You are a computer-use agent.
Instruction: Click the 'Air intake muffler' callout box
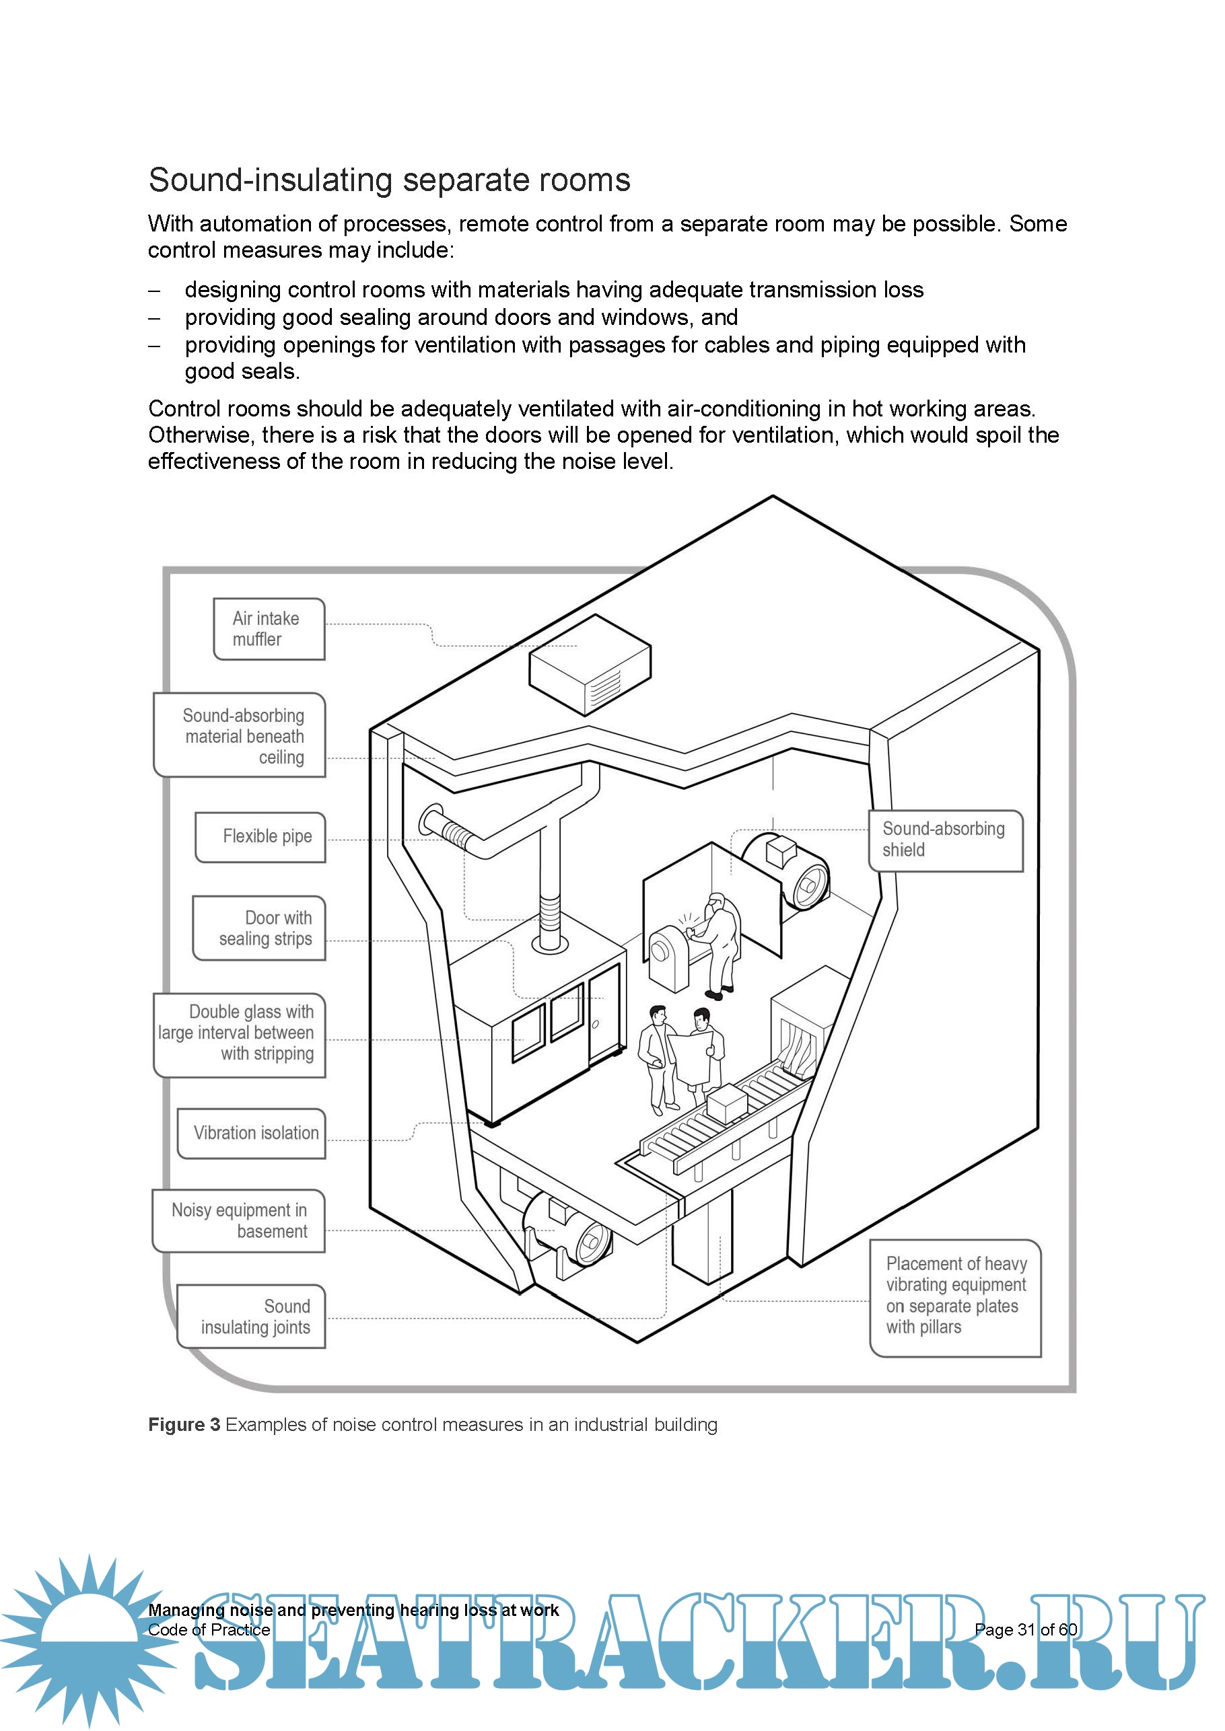point(269,629)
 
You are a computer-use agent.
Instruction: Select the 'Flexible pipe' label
point(260,836)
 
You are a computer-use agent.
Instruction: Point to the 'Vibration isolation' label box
point(251,1132)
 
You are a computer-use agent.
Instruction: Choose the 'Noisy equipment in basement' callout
point(238,1220)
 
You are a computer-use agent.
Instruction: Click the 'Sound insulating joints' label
point(251,1317)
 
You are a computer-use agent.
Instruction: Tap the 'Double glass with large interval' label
point(239,1033)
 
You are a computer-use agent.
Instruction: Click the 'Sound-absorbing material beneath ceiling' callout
point(239,735)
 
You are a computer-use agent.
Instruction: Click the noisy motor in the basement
point(567,1230)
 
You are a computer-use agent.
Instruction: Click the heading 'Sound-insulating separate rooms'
point(389,180)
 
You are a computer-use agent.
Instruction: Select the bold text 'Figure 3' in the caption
point(184,1424)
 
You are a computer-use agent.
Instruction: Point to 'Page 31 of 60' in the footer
point(1025,1629)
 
